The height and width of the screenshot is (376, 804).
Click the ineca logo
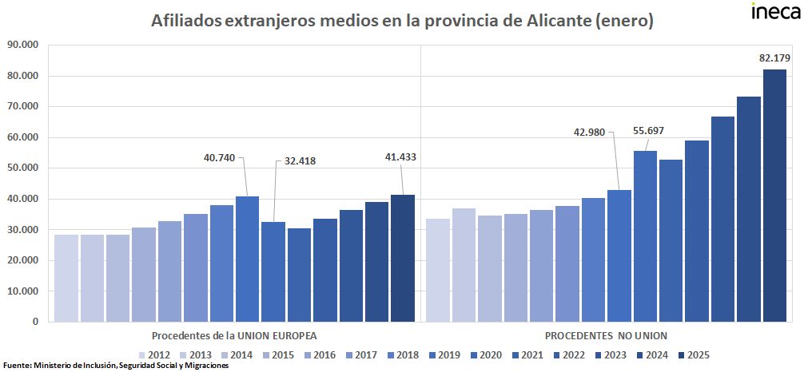tap(774, 13)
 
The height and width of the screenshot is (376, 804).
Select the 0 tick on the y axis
tap(35, 322)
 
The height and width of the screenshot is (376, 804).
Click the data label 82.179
tap(774, 57)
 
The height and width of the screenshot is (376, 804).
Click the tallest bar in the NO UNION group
tap(774, 196)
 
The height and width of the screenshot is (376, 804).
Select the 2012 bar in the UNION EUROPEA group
tap(66, 278)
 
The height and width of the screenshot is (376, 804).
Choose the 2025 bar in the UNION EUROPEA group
tap(402, 258)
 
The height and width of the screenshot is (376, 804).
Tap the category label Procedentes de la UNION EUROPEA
tap(234, 335)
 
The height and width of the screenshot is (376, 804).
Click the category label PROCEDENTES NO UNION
tap(607, 335)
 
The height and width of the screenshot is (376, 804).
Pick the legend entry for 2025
tap(692, 355)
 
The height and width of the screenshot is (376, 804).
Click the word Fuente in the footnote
tap(16, 366)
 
